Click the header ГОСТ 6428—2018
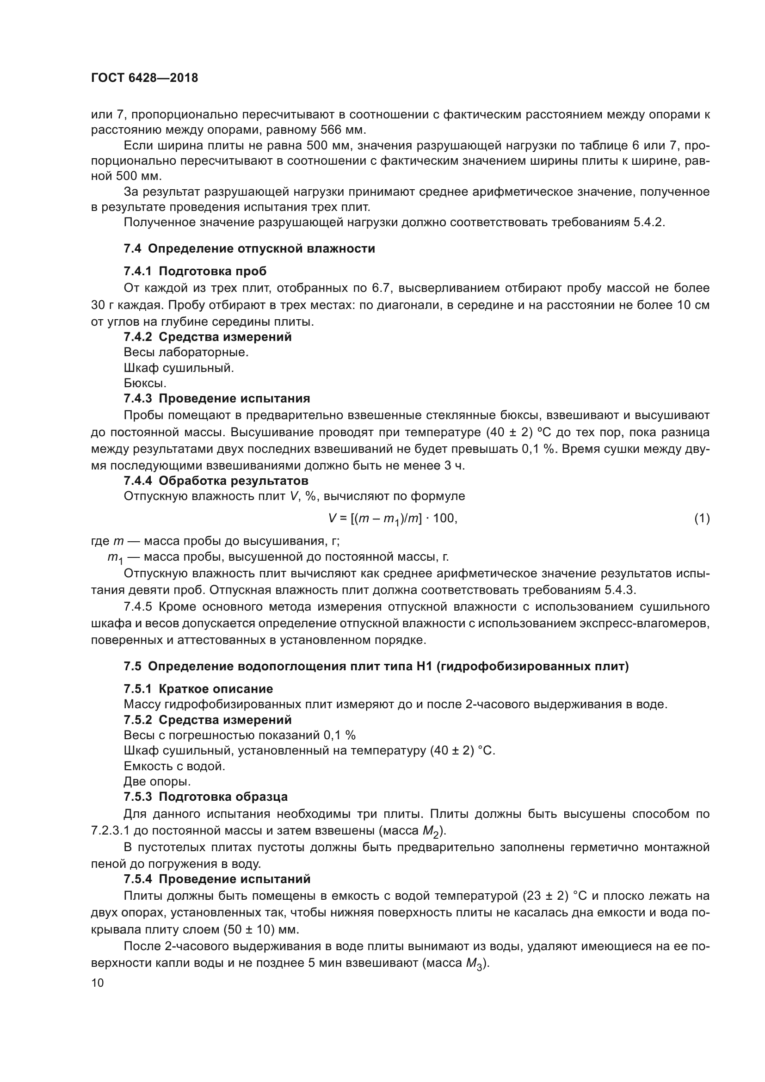(x=144, y=78)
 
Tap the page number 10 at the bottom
(x=98, y=983)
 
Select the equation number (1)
(x=702, y=519)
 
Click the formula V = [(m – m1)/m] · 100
(x=393, y=519)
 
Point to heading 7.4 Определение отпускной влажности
(x=249, y=248)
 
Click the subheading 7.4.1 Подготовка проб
(x=195, y=272)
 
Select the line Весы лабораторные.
(x=186, y=352)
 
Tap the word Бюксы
(x=145, y=383)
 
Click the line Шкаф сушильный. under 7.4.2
(x=179, y=368)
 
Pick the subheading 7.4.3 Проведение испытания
(x=216, y=399)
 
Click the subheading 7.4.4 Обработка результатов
(x=216, y=481)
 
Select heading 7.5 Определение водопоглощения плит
(x=376, y=667)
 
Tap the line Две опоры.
(x=157, y=781)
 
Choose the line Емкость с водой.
(x=174, y=766)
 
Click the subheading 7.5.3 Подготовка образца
(x=205, y=797)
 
